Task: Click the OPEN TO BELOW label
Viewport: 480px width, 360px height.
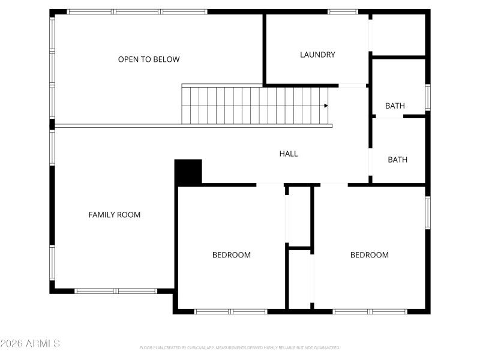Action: (x=149, y=59)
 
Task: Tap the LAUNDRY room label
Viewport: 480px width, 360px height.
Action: (x=317, y=55)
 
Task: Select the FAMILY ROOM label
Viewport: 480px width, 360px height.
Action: (x=115, y=214)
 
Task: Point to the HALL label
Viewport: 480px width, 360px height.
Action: (x=289, y=154)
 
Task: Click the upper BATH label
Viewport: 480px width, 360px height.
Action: (x=395, y=106)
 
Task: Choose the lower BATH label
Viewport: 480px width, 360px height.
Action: (x=397, y=160)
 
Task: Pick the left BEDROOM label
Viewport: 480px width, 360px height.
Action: (x=232, y=255)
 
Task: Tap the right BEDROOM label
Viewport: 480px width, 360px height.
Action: (x=370, y=255)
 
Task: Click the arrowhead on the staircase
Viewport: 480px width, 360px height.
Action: (x=326, y=106)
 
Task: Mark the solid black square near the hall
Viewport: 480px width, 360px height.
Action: (x=188, y=172)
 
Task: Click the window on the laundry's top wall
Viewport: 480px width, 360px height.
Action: (x=343, y=11)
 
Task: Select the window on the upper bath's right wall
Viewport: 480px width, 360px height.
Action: (x=428, y=97)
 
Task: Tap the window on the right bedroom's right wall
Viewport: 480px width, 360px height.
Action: (x=428, y=213)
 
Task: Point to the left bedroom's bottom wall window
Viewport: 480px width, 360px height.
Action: (x=231, y=311)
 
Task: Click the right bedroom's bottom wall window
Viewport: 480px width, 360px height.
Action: (x=370, y=311)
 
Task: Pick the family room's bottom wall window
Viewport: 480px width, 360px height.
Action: (x=116, y=291)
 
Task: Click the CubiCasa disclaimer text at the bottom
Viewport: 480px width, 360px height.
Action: (x=240, y=347)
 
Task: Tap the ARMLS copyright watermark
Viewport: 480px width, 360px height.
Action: (x=30, y=344)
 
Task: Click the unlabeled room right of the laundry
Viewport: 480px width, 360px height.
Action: (x=398, y=35)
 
